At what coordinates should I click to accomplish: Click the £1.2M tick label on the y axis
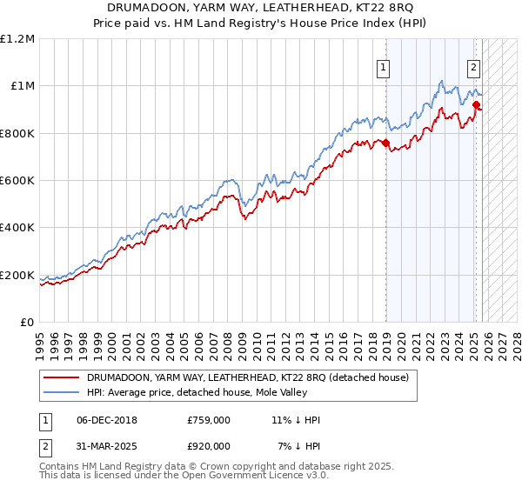click(x=17, y=39)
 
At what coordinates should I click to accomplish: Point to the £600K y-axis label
click(x=17, y=181)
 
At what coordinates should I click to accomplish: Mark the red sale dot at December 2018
click(x=386, y=143)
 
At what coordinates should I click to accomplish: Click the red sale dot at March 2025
click(x=477, y=105)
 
